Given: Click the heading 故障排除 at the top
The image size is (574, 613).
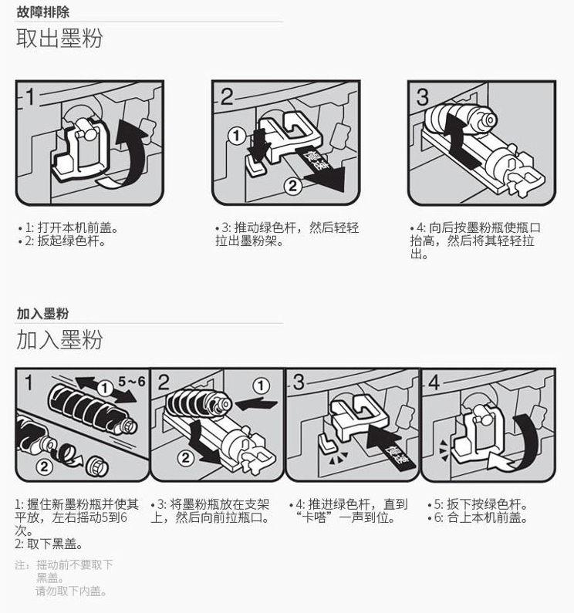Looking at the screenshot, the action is pyautogui.click(x=42, y=12).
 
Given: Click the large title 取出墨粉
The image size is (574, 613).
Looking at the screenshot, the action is pyautogui.click(x=59, y=39).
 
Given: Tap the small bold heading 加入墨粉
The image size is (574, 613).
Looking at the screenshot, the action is pyautogui.click(x=42, y=314).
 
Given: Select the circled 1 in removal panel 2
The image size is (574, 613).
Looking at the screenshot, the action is pyautogui.click(x=237, y=136).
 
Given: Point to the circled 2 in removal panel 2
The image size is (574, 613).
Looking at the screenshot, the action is pyautogui.click(x=292, y=186).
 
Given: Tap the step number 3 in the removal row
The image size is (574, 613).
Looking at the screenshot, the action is pyautogui.click(x=423, y=96).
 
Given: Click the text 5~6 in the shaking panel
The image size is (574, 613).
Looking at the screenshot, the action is pyautogui.click(x=131, y=381).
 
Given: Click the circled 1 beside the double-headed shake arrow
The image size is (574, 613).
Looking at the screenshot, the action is pyautogui.click(x=104, y=389).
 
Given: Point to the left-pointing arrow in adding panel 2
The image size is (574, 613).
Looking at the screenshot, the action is pyautogui.click(x=256, y=403).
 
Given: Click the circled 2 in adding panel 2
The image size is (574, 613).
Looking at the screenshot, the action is pyautogui.click(x=186, y=457).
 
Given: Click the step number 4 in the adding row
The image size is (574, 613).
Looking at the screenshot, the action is pyautogui.click(x=434, y=382).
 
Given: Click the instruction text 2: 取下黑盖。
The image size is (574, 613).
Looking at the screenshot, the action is pyautogui.click(x=49, y=544).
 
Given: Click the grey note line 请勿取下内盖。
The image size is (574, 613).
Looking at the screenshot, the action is pyautogui.click(x=71, y=591).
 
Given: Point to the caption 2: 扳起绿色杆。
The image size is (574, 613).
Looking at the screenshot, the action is pyautogui.click(x=62, y=241).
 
